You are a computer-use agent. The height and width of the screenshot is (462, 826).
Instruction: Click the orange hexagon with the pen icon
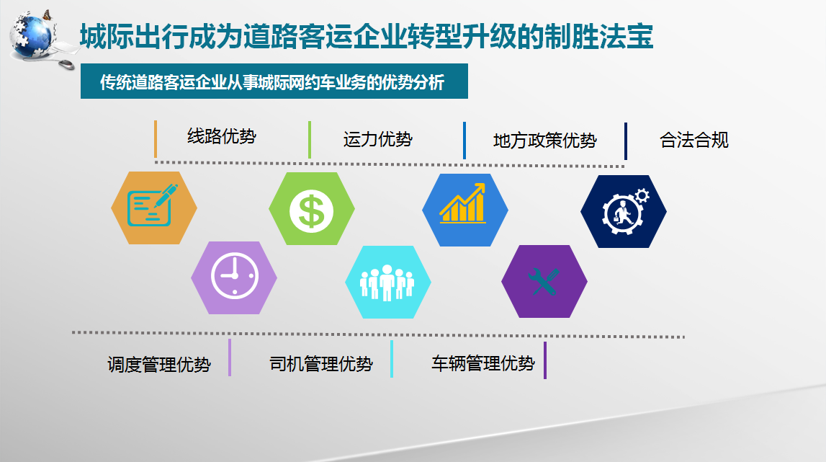(154, 208)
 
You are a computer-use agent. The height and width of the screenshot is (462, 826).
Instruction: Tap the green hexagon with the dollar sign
(312, 209)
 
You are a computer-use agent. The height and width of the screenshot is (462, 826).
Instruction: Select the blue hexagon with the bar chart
(465, 210)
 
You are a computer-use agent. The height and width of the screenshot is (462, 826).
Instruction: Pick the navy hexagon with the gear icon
(624, 211)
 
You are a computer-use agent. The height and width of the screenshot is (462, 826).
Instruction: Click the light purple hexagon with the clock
(234, 278)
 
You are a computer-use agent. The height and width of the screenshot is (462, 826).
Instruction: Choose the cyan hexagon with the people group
(388, 282)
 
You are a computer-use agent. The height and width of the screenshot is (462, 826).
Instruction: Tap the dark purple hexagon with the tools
(544, 281)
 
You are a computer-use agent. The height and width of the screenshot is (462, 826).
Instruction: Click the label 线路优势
(222, 136)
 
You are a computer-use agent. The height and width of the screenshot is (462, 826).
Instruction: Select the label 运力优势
(377, 139)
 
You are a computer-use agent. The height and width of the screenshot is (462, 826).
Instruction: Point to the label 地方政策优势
(544, 141)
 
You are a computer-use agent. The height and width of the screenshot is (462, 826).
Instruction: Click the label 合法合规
(694, 141)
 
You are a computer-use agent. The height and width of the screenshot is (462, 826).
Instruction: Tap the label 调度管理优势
(159, 365)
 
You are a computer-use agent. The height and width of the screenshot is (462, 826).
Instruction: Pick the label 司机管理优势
(321, 364)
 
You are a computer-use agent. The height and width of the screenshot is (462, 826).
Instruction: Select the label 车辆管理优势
(483, 363)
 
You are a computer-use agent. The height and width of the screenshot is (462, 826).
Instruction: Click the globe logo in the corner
(32, 35)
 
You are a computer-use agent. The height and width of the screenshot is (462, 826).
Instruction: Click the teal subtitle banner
(274, 81)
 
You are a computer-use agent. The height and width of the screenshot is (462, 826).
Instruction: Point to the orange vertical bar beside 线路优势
(156, 139)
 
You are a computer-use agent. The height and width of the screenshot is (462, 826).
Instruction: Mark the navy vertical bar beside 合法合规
(625, 141)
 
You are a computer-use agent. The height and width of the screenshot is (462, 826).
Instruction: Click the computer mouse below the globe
(66, 64)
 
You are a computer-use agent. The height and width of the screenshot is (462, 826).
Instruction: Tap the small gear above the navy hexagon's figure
(642, 196)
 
